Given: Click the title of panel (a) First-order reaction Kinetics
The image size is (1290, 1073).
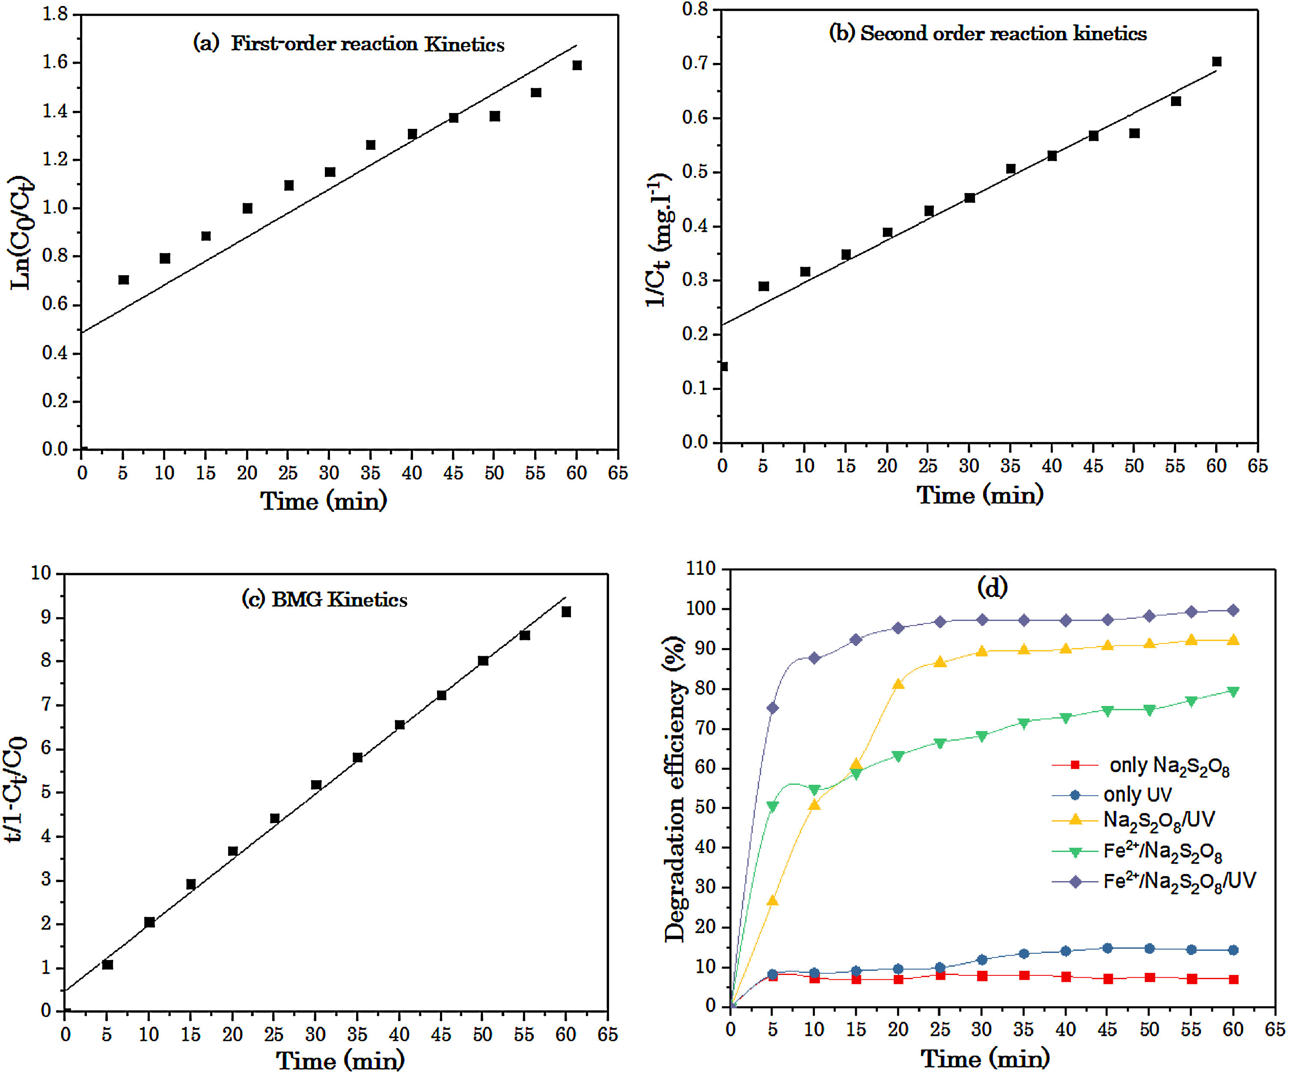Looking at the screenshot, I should pos(348,44).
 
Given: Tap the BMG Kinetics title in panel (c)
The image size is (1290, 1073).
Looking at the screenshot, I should pos(324,600).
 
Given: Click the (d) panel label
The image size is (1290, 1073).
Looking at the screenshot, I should pos(992,587).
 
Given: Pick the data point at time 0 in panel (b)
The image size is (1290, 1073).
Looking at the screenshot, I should pos(723,367).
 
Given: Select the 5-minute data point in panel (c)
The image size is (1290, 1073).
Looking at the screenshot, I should pos(107,965).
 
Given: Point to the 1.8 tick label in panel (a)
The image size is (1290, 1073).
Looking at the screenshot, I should pos(55,14).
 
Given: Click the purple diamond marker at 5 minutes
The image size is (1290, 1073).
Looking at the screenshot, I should pos(772,708).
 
